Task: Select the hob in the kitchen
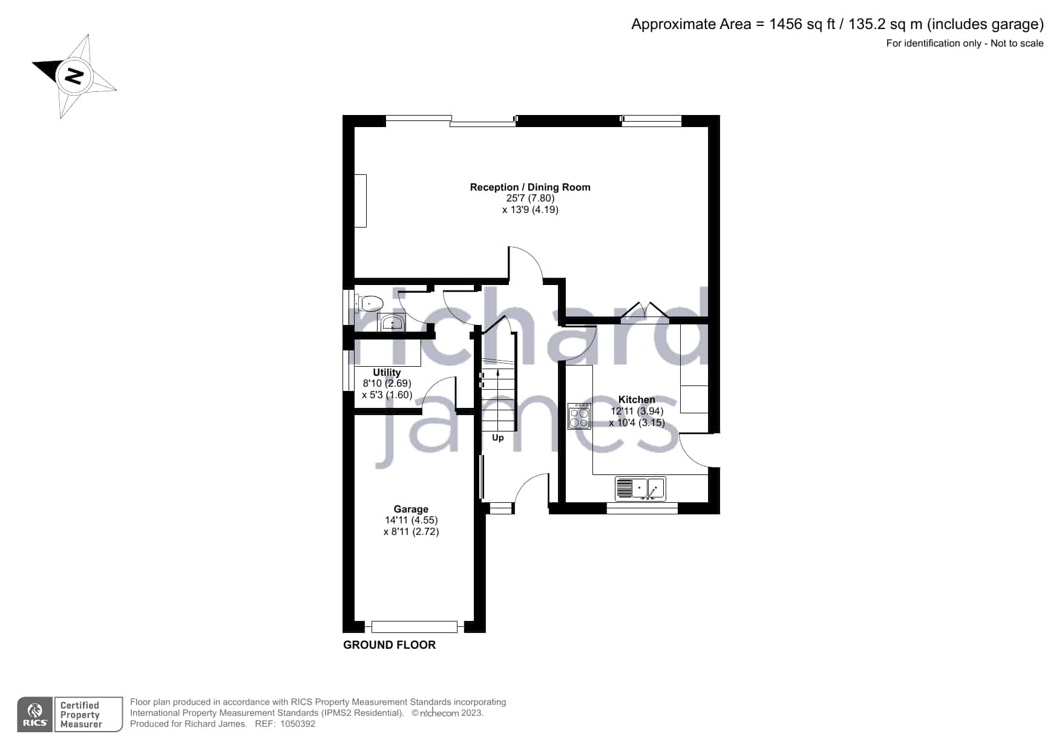tap(579, 416)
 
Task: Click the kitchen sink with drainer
tap(640, 488)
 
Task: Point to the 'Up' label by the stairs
tap(497, 438)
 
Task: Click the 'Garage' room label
tap(411, 510)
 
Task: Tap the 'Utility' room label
tap(387, 372)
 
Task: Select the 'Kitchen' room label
tap(637, 399)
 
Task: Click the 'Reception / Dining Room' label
tap(530, 187)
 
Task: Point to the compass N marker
tap(74, 76)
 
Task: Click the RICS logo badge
tap(35, 715)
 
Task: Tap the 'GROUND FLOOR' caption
tap(389, 645)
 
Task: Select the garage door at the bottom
tap(415, 627)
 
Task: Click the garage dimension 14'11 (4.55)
tap(411, 520)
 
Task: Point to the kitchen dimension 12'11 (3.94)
tap(637, 412)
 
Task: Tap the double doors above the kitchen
tap(645, 309)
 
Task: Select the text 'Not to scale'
tap(1017, 43)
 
